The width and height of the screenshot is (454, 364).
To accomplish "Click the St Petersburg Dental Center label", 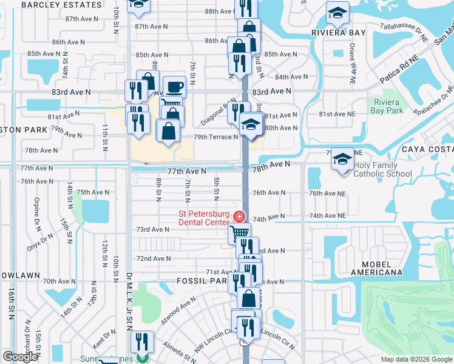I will pyautogui.click(x=203, y=218).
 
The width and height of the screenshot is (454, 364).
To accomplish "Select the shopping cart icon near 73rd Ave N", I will pyautogui.click(x=240, y=232).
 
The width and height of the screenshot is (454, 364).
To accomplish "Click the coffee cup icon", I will pyautogui.click(x=174, y=87).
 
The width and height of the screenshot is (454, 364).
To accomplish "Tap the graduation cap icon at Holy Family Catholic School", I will pyautogui.click(x=342, y=160).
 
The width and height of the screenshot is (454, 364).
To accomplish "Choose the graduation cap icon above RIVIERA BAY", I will pyautogui.click(x=337, y=13).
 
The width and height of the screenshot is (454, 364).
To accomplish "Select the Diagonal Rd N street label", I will pyautogui.click(x=218, y=112).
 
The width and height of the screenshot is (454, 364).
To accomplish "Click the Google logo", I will pyautogui.click(x=20, y=357).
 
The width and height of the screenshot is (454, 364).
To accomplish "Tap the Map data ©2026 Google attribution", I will pyautogui.click(x=416, y=359).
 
